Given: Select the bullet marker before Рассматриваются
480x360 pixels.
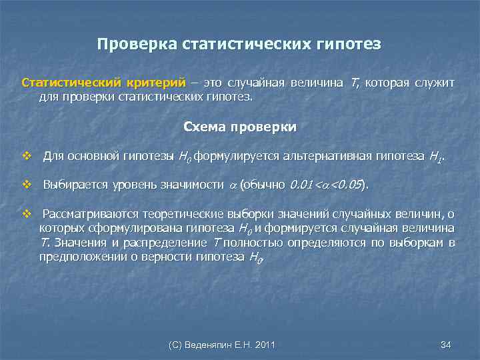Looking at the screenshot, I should tap(27, 214).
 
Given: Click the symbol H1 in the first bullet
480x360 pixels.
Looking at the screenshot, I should tap(436, 158).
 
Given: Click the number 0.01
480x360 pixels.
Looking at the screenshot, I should tap(301, 185).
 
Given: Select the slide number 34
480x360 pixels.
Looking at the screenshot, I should tap(446, 345).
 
